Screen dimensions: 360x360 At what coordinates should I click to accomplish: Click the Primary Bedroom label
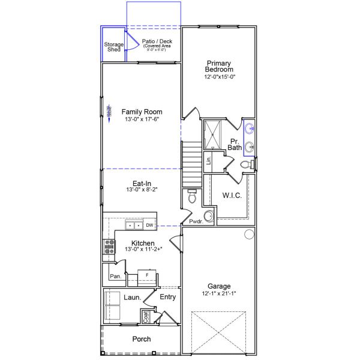220,66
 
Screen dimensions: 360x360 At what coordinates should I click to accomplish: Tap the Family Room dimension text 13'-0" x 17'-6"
142,120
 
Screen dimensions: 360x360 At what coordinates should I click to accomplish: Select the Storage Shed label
113,47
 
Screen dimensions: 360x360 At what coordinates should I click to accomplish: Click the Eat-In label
142,184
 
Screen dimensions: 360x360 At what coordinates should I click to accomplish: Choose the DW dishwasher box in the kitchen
149,225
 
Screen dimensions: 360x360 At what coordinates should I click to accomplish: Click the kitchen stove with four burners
110,247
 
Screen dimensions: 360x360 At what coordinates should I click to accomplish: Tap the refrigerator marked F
146,275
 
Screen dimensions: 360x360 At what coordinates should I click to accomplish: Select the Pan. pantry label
115,277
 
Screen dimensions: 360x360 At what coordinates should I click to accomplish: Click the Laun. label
132,297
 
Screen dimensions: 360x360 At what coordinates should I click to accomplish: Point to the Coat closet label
145,315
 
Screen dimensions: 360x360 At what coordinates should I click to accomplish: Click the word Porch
142,339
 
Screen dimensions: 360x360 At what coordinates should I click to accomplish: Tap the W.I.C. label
232,195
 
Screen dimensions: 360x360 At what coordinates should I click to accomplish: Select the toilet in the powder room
192,196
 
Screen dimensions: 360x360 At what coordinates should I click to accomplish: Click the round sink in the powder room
208,216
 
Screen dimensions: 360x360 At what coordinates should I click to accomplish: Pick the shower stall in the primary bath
213,133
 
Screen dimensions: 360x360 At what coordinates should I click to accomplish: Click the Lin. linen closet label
209,160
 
